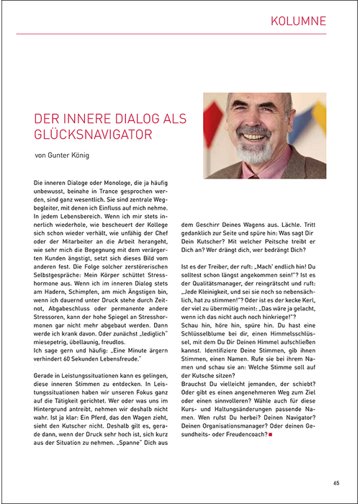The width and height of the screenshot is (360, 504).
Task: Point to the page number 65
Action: coord(336,483)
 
